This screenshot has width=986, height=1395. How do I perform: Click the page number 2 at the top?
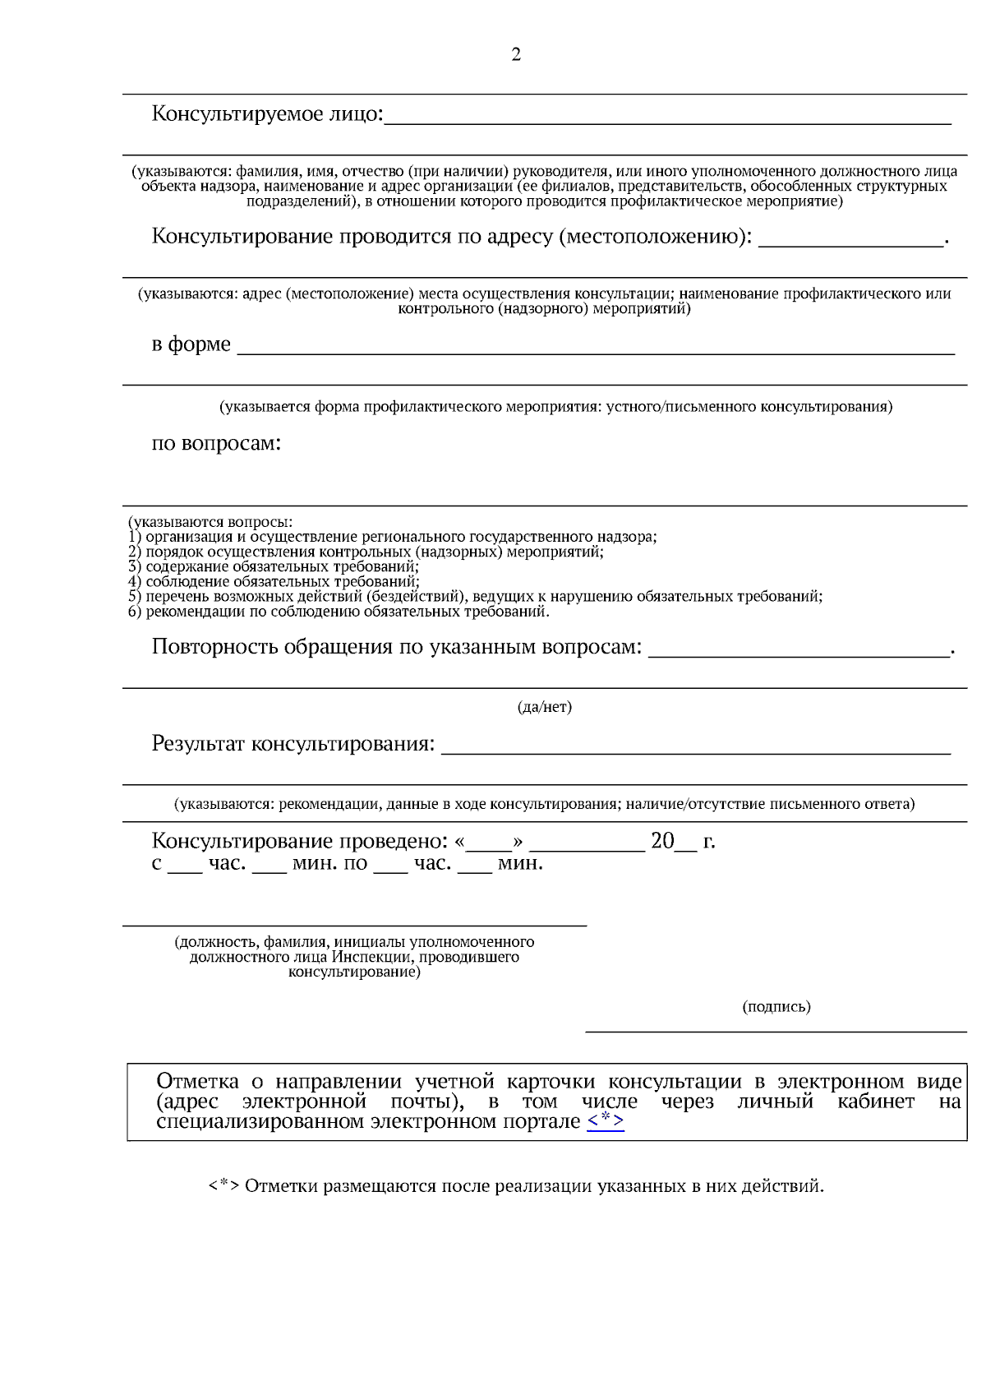point(516,55)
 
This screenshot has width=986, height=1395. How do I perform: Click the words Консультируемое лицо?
point(266,114)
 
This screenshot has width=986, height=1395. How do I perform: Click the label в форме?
point(191,344)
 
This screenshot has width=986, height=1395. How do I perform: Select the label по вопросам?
point(216,444)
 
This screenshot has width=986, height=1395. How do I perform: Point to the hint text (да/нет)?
point(544,707)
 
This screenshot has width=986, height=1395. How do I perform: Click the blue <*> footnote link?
point(606,1121)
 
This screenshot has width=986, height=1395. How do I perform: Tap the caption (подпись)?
point(776,1007)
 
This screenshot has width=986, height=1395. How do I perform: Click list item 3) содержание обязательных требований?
point(274,566)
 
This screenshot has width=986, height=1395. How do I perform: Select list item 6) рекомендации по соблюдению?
point(339,612)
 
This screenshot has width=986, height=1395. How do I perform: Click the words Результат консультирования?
point(293,744)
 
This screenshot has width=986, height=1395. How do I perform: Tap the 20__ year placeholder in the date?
point(673,841)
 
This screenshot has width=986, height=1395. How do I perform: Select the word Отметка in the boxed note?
point(197,1082)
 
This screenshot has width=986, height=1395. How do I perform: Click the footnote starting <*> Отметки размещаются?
point(516,1186)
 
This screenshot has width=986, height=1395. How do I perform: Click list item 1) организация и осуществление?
point(393,537)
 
